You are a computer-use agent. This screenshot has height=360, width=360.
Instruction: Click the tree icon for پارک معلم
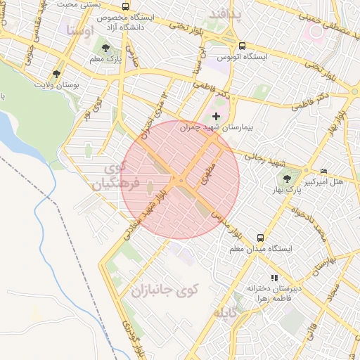[x=105, y=49]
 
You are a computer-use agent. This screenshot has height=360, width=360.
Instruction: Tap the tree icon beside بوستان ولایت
[x=56, y=73]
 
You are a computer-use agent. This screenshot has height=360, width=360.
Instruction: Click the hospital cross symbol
[x=215, y=115]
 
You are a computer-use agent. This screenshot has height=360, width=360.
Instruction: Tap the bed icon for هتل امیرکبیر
[x=323, y=172]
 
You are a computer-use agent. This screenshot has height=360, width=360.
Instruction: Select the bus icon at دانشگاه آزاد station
[x=125, y=7]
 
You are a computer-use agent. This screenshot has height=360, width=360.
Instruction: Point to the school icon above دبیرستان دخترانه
[x=274, y=278]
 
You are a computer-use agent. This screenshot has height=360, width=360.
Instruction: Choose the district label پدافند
[x=225, y=14]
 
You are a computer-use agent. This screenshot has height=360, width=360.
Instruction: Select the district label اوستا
[x=79, y=31]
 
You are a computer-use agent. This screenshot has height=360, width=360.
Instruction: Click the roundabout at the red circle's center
[x=180, y=181]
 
